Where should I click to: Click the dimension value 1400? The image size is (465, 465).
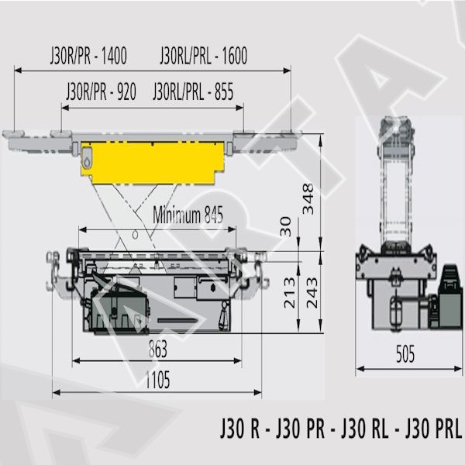[x=114, y=56]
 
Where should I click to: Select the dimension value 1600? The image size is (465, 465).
[x=234, y=56]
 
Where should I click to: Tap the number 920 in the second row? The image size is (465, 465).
[x=126, y=91]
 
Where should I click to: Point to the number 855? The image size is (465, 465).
[x=224, y=91]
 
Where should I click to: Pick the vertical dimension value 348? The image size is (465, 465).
[x=308, y=198]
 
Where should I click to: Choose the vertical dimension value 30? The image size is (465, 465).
[x=286, y=226]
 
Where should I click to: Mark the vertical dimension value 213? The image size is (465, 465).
[x=290, y=293]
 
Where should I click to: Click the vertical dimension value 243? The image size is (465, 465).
[x=312, y=293]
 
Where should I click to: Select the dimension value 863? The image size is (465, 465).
[x=158, y=349]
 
